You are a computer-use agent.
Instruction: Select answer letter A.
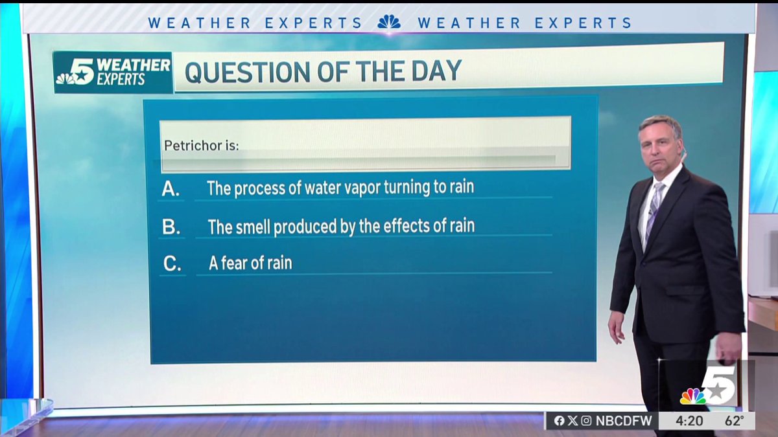pyautogui.click(x=171, y=189)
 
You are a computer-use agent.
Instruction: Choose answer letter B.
pyautogui.click(x=171, y=227)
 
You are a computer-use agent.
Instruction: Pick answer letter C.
pyautogui.click(x=172, y=264)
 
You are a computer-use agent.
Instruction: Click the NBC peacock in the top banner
pyautogui.click(x=389, y=22)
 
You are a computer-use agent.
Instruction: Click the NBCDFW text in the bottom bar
pyautogui.click(x=622, y=421)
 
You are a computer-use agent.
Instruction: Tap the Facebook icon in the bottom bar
pyautogui.click(x=559, y=421)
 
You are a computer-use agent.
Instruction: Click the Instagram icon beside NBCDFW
pyautogui.click(x=586, y=421)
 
